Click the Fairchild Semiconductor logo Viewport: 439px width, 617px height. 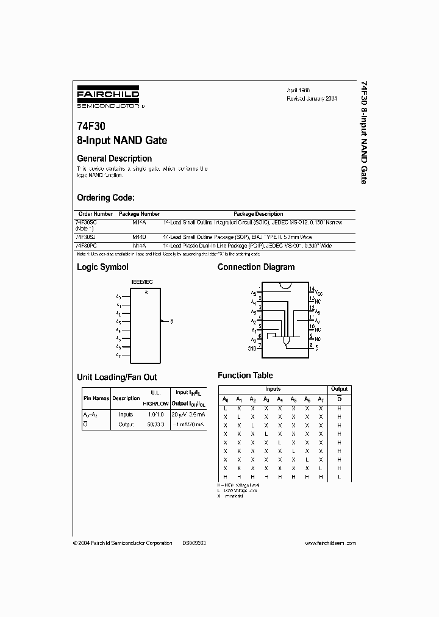(x=108, y=97)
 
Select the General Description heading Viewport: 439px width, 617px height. (x=114, y=159)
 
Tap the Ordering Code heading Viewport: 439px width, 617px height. (x=105, y=198)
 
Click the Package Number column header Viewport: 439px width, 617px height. (x=139, y=214)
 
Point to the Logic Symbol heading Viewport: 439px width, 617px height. (x=102, y=267)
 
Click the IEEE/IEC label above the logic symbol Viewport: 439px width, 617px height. (x=142, y=283)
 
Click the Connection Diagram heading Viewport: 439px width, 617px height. (x=256, y=267)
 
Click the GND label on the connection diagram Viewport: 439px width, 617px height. (x=252, y=349)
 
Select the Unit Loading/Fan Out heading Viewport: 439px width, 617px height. (x=117, y=377)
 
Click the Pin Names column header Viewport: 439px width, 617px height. (x=96, y=398)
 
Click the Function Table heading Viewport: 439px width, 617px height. (x=245, y=375)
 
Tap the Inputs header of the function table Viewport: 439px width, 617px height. (x=273, y=389)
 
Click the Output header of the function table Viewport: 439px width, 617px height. (x=339, y=389)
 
